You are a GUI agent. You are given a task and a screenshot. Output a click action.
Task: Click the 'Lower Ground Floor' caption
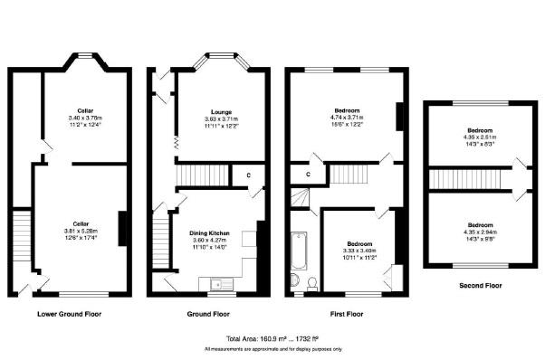pyautogui.click(x=69, y=315)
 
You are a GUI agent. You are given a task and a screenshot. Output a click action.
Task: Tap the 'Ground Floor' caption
pyautogui.click(x=209, y=315)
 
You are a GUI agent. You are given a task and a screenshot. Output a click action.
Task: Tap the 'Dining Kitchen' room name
pyautogui.click(x=209, y=233)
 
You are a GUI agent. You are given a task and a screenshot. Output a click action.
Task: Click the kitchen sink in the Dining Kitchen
pyautogui.click(x=217, y=286)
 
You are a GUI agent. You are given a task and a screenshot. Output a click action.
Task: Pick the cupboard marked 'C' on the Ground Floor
pyautogui.click(x=248, y=175)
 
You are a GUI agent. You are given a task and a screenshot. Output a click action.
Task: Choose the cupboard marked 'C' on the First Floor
pyautogui.click(x=308, y=174)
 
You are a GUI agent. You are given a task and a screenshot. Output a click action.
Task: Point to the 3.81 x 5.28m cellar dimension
pyautogui.click(x=81, y=230)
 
